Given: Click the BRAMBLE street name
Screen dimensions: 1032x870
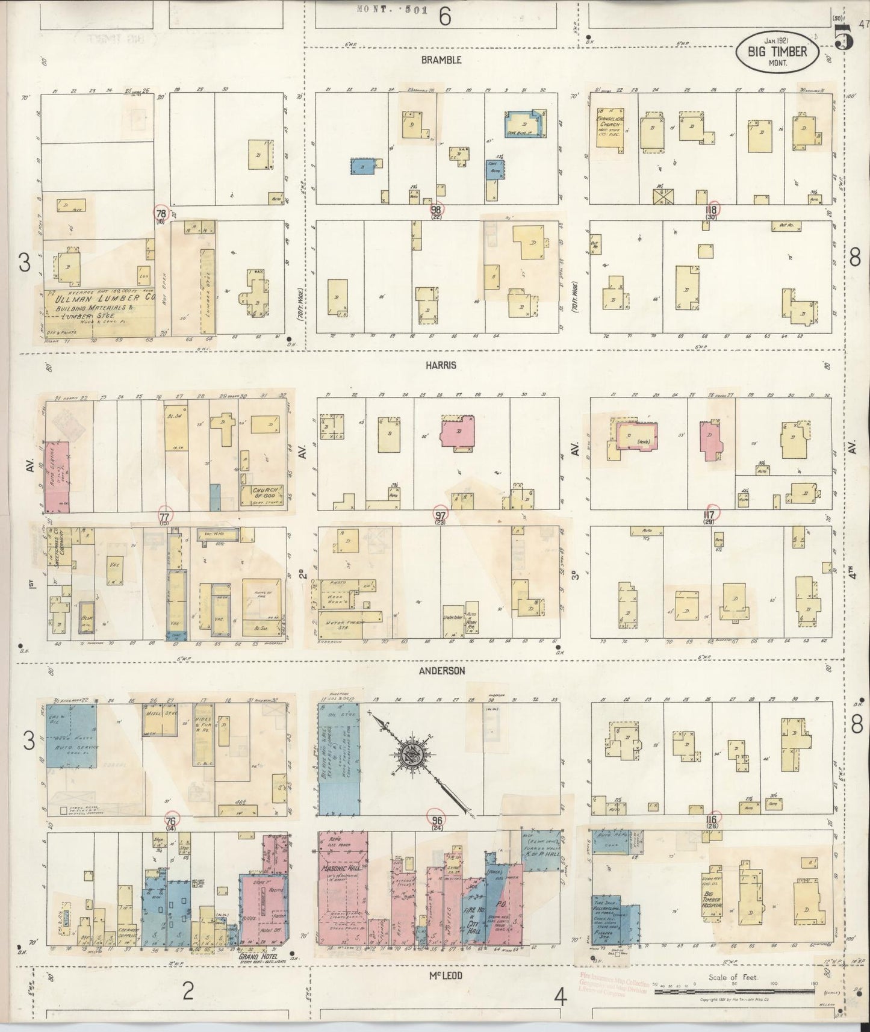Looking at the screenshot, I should (441, 60).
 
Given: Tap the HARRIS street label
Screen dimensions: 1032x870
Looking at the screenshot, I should (442, 365).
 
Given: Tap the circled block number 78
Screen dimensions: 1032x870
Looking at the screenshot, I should (161, 214).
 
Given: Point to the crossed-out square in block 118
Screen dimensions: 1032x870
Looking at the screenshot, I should (663, 196).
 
